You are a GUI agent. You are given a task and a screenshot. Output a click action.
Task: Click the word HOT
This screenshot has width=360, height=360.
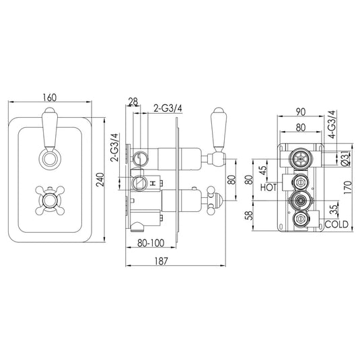pos(269,188)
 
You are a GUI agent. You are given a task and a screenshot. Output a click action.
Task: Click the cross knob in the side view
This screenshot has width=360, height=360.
pos(215,199)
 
